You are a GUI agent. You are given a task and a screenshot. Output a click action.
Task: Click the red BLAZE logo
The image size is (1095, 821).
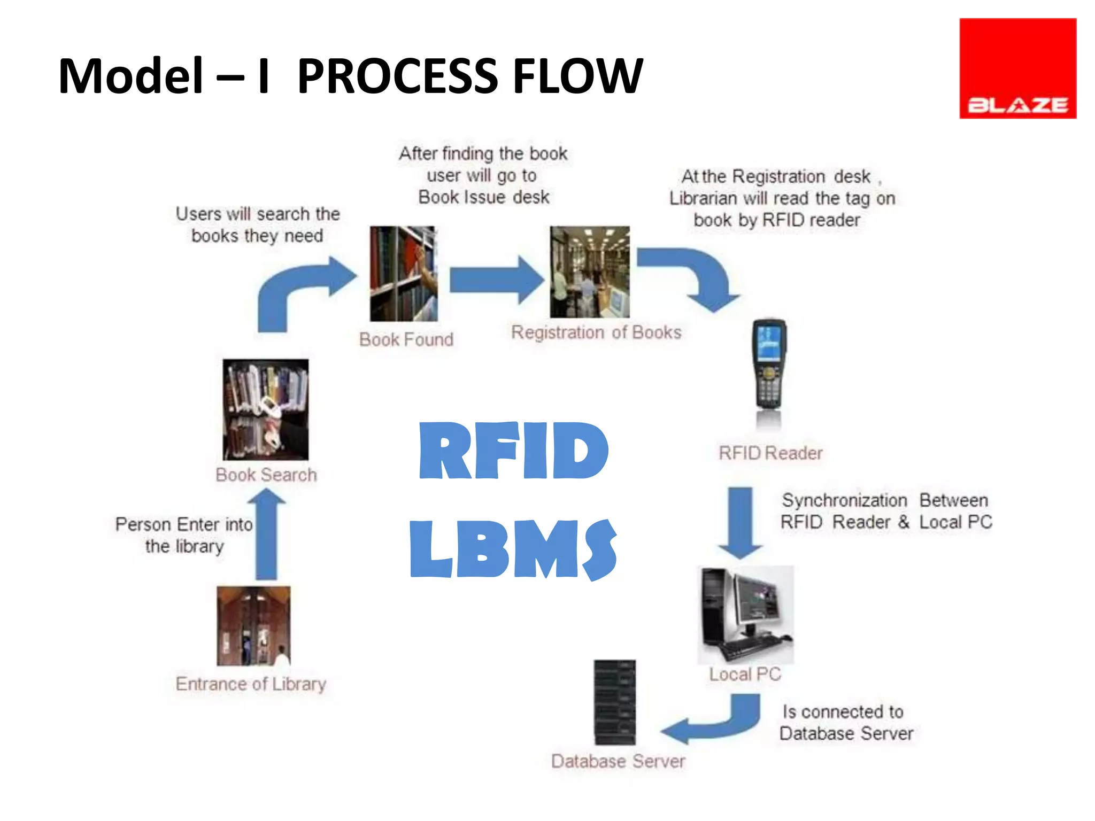(x=1017, y=68)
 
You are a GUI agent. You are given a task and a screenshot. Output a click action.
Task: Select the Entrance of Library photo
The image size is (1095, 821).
(x=253, y=625)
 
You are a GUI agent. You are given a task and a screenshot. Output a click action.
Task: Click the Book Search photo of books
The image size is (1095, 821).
(x=266, y=409)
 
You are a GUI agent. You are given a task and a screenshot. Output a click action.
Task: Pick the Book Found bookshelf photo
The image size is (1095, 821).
(x=404, y=274)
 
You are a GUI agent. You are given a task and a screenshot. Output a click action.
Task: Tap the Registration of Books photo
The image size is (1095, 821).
(x=590, y=272)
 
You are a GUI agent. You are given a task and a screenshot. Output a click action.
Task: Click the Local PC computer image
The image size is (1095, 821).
(x=745, y=615)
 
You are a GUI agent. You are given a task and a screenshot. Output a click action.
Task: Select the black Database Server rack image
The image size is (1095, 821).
(x=615, y=702)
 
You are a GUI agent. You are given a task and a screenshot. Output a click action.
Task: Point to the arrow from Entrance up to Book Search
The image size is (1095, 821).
(x=266, y=535)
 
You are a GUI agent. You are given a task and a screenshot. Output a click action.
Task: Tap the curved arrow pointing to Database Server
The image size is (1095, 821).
(x=716, y=722)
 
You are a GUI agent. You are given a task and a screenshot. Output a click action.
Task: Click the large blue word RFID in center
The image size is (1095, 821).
(x=513, y=451)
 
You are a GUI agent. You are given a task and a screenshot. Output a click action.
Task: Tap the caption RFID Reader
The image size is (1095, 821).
(x=770, y=453)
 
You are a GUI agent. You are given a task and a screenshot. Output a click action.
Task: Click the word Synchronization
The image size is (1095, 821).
(x=844, y=501)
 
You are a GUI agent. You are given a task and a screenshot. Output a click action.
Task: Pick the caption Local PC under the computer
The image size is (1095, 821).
(x=745, y=675)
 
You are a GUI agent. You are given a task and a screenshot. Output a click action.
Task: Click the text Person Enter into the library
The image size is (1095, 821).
(x=184, y=535)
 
